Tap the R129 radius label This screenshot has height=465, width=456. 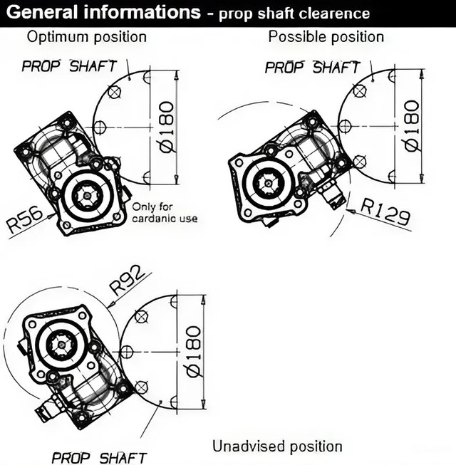[x=385, y=212]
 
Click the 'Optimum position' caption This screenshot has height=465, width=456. [x=86, y=36]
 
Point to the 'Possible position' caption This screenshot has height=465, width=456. [x=326, y=36]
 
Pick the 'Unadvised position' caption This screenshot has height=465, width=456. [x=277, y=446]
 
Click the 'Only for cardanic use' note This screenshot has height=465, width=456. [x=165, y=213]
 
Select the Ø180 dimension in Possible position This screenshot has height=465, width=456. [x=411, y=126]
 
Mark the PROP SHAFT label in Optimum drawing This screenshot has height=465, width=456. [x=69, y=67]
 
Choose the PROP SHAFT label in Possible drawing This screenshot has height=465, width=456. [x=313, y=68]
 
